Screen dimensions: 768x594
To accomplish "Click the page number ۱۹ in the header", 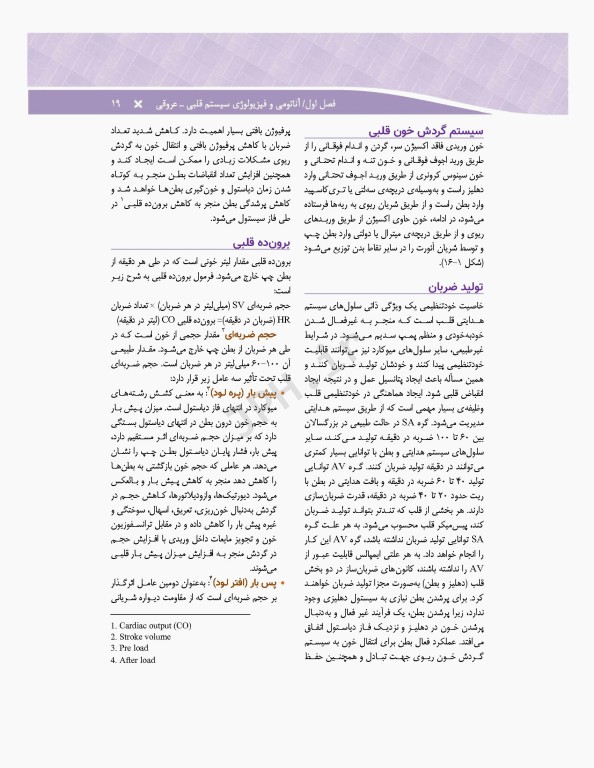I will pos(116,104).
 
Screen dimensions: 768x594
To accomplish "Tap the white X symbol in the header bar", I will pos(138,104).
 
